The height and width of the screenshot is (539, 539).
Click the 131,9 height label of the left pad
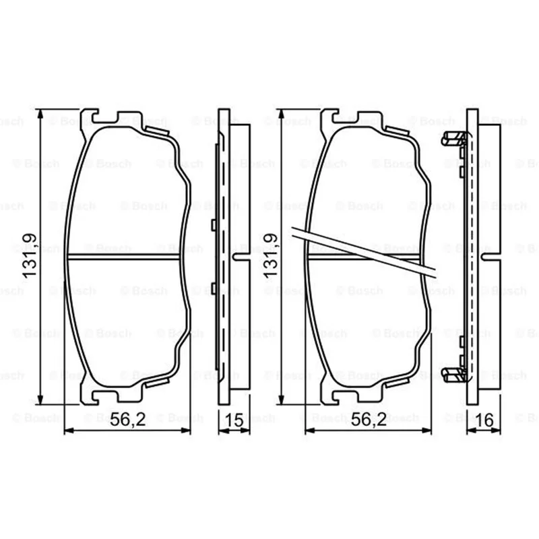click(29, 255)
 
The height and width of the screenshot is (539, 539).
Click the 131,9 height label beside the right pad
click(270, 255)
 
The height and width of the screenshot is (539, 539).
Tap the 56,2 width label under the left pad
click(128, 419)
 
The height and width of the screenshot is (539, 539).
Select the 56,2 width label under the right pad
click(369, 419)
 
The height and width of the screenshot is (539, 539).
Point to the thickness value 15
click(234, 420)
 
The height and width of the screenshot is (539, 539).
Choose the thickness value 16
click(484, 420)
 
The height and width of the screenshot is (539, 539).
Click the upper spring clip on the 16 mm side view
click(453, 139)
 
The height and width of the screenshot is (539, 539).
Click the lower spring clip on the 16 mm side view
click(453, 375)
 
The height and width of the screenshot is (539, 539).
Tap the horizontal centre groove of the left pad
click(124, 257)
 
